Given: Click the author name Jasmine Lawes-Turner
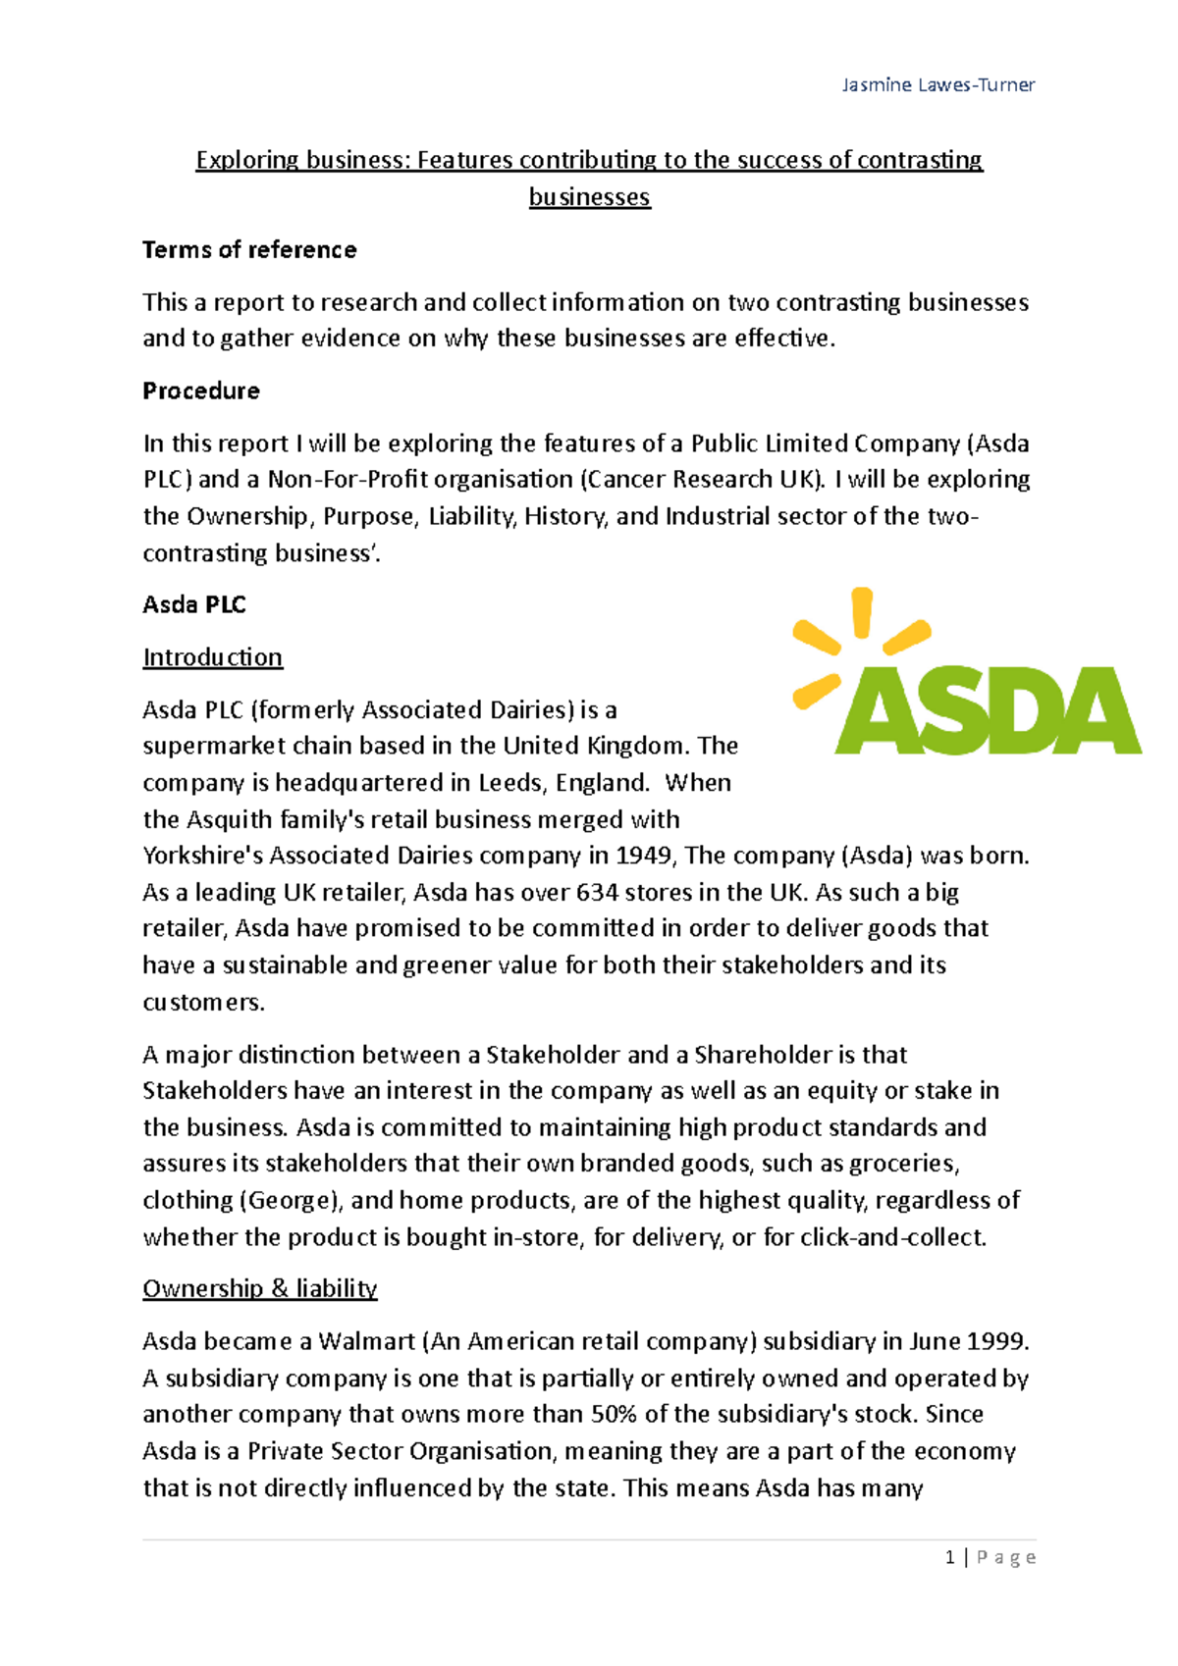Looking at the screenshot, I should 937,85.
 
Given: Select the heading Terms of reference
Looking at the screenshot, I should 249,250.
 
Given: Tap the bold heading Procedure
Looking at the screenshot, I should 201,391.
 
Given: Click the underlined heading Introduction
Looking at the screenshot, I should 213,657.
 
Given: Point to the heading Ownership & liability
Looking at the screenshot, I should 260,1289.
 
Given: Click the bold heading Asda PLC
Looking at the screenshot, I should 194,605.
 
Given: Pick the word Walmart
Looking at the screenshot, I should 367,1342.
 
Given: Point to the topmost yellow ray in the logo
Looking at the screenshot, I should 862,612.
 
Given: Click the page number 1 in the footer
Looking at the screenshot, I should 949,1558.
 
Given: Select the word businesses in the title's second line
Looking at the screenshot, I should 589,197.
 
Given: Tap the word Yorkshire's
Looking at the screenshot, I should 202,856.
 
